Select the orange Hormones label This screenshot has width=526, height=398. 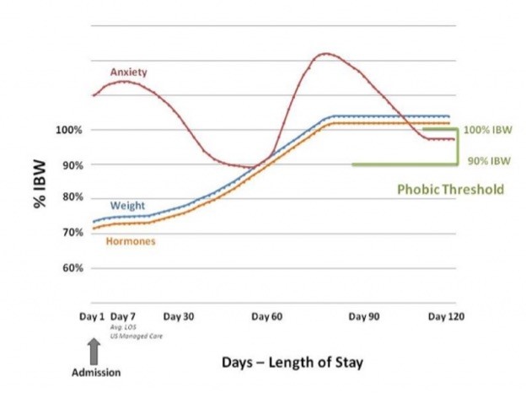(131, 241)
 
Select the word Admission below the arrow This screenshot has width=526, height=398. (95, 372)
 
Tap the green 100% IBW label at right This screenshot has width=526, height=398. (489, 130)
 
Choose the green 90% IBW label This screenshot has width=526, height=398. (489, 160)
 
